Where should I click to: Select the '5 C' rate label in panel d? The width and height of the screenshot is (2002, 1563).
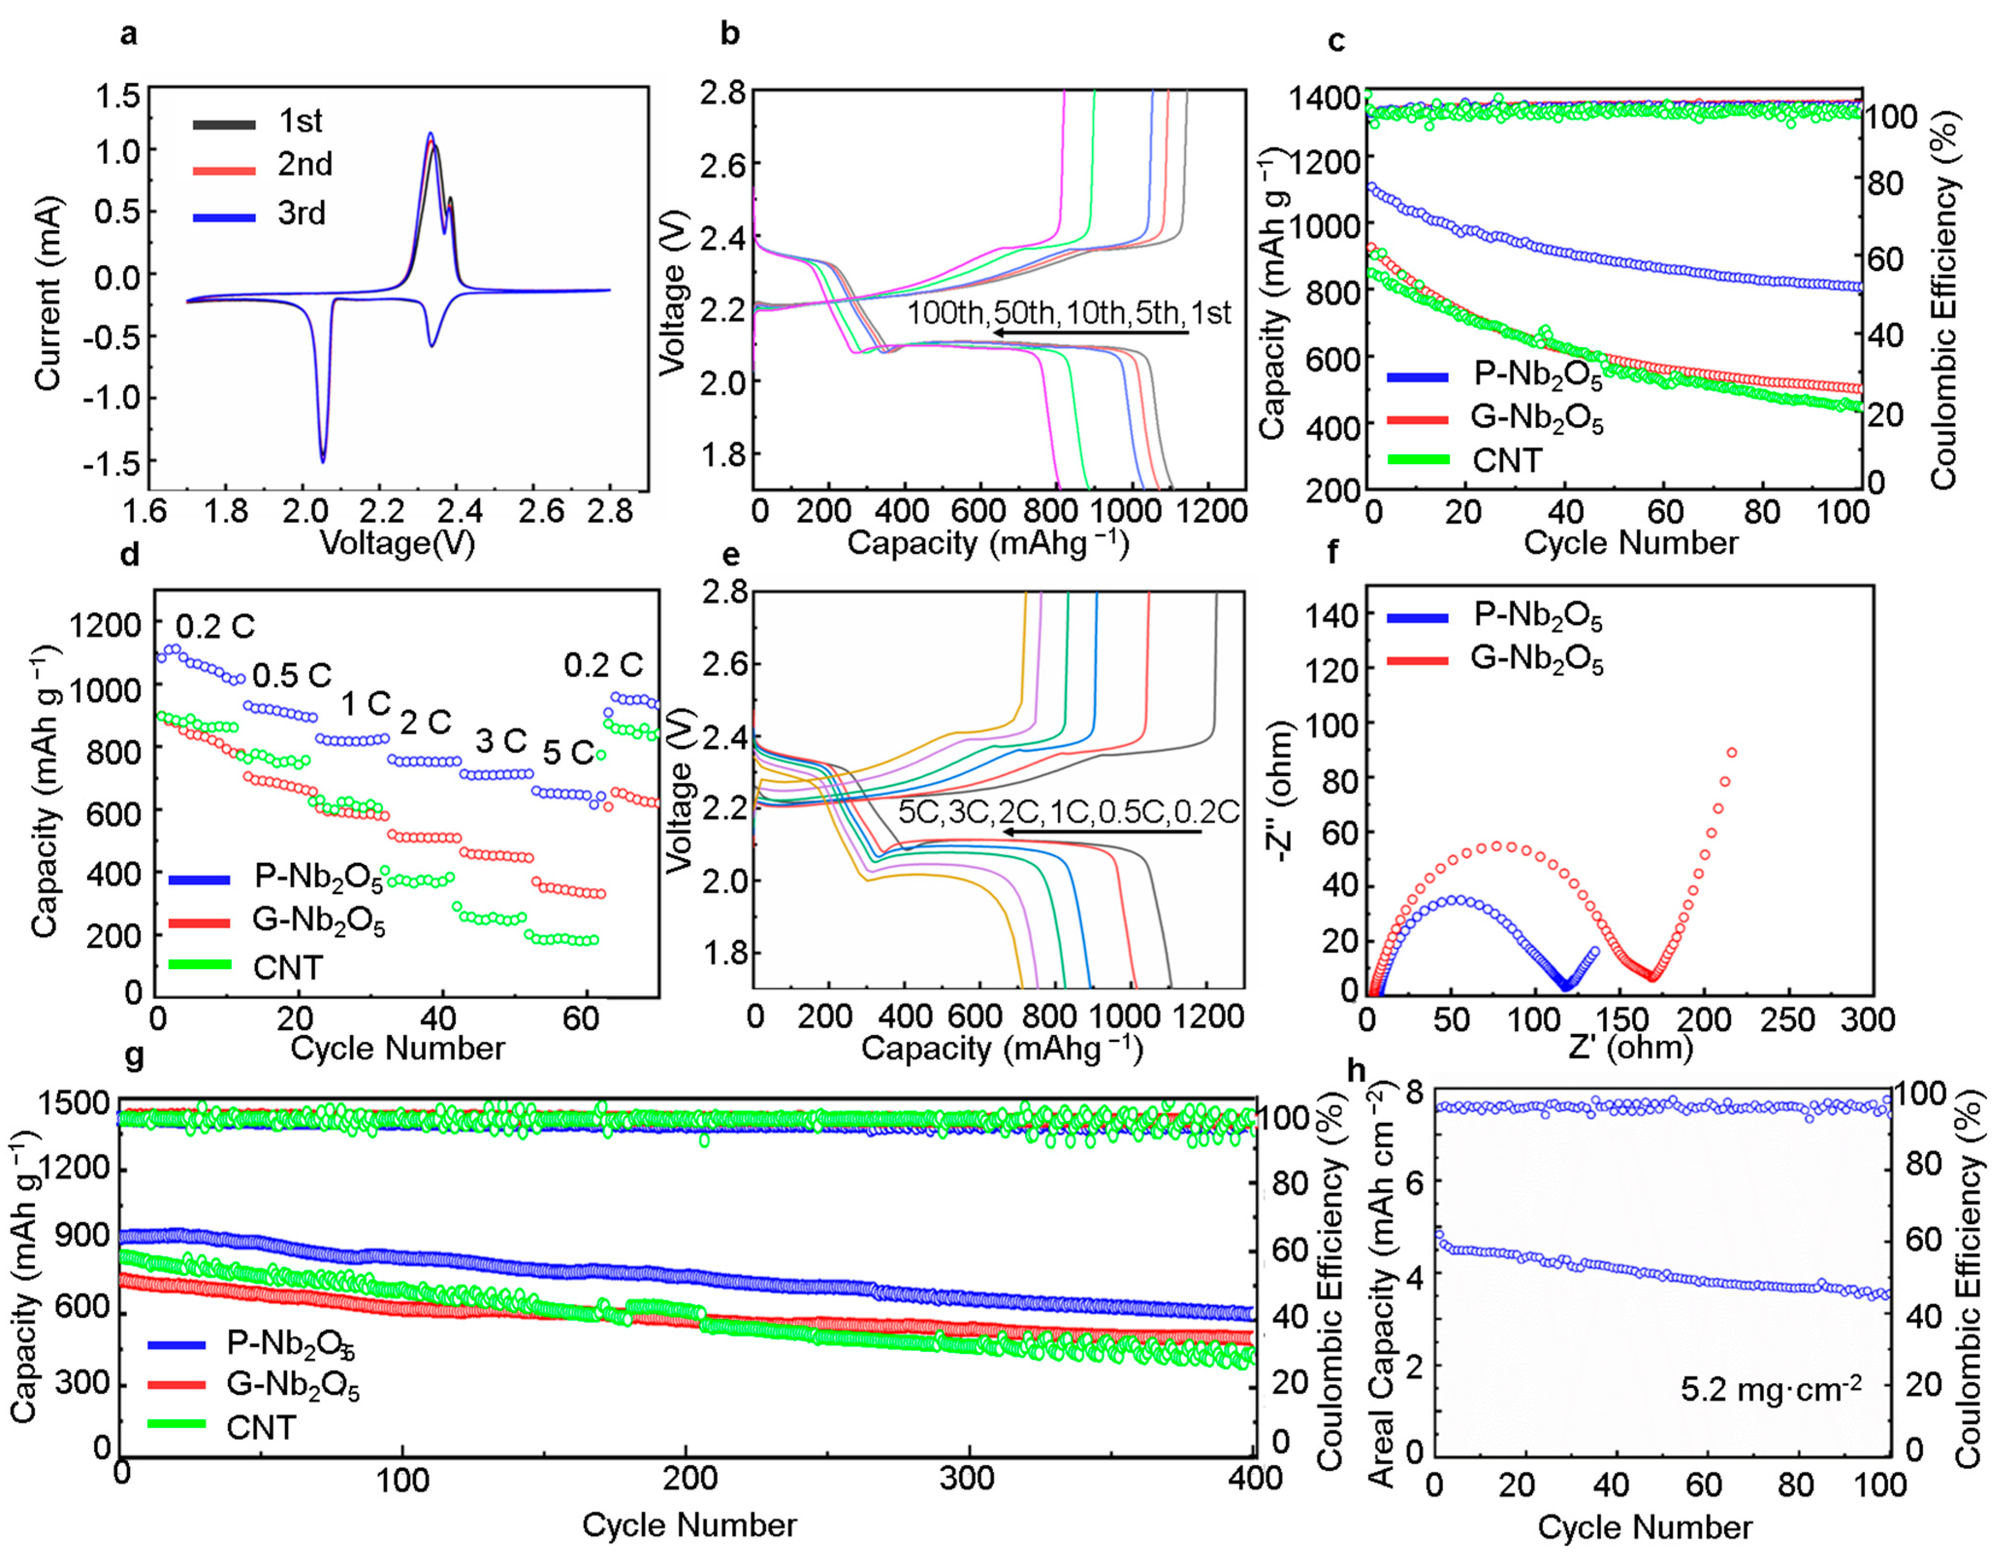pos(568,752)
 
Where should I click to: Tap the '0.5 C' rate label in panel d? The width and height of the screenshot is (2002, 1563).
pos(291,676)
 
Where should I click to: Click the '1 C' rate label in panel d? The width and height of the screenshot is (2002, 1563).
pos(366,704)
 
